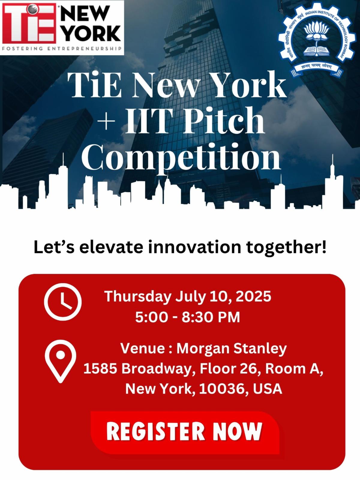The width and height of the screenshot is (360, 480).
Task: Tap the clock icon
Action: coord(63,302)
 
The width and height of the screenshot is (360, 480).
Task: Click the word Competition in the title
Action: coord(181,157)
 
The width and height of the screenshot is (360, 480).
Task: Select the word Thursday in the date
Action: coord(138,297)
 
